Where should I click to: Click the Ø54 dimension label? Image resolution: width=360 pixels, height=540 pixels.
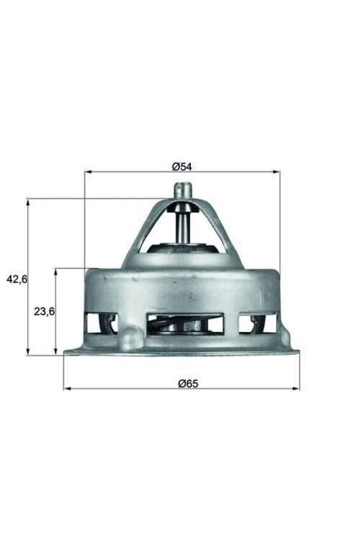[x=181, y=166]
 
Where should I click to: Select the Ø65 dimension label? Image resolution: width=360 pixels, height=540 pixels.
[x=188, y=383]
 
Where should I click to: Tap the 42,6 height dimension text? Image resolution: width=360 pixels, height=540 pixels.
[x=16, y=279]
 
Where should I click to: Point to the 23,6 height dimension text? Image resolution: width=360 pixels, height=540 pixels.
[x=45, y=311]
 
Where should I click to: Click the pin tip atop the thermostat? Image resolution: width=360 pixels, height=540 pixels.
[x=181, y=189]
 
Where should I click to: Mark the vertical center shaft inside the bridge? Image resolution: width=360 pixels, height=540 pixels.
[x=181, y=227]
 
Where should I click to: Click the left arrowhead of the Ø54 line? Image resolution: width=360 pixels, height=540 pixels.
[x=88, y=172]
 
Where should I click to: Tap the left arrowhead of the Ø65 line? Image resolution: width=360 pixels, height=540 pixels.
[x=67, y=389]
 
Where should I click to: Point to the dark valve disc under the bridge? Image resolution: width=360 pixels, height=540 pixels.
[x=181, y=249]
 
